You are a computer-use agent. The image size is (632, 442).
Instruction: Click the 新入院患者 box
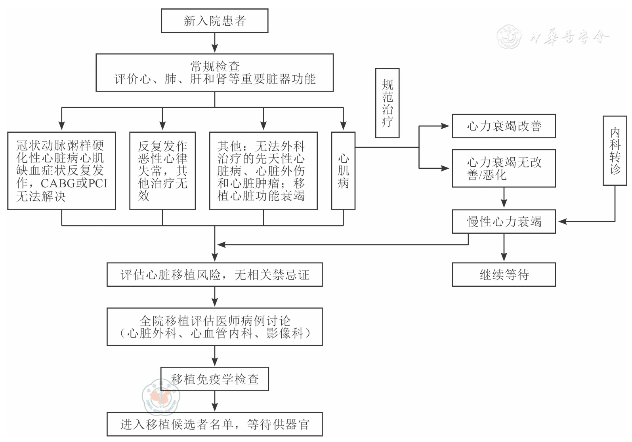pos(214,21)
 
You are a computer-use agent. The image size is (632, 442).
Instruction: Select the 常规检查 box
pos(214,73)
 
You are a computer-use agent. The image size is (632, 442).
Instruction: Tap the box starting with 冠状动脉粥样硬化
pos(61,171)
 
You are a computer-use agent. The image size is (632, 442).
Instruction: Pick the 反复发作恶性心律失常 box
pos(162,171)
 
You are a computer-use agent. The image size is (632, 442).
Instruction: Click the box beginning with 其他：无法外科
pos(263,171)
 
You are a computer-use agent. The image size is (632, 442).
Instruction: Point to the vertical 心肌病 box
pos(343,171)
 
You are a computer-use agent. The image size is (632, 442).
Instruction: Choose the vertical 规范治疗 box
pos(387,103)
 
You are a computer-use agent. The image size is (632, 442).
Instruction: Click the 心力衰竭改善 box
pos(504,126)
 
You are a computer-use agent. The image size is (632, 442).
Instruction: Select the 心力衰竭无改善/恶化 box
pos(504,168)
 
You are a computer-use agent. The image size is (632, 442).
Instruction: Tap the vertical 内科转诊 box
pos(615,151)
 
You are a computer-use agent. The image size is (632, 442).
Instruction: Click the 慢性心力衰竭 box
pos(504,221)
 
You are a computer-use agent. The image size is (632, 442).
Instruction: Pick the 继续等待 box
pos(504,274)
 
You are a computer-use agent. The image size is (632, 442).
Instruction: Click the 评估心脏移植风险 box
pos(214,274)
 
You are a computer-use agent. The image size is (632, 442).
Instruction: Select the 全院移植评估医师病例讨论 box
pos(214,327)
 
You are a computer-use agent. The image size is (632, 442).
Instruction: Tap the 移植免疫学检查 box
pos(214,379)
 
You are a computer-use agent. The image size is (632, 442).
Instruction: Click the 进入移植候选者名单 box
pos(214,424)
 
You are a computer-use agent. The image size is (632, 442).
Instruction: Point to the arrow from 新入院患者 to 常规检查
pos(214,43)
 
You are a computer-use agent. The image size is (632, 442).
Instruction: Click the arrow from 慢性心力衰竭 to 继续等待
pos(504,248)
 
